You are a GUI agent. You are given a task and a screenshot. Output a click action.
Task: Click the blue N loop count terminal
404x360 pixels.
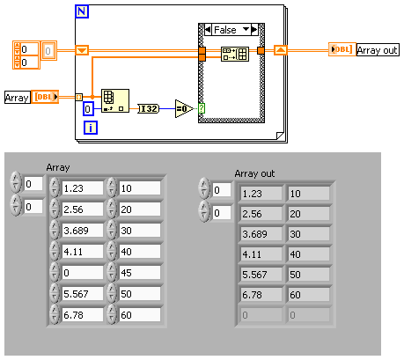(x=82, y=11)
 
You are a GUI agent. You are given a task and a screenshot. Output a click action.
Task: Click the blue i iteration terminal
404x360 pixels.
(x=91, y=128)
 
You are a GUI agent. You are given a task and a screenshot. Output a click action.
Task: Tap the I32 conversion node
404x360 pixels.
(x=149, y=109)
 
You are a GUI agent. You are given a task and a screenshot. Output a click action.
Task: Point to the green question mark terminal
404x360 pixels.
(x=202, y=108)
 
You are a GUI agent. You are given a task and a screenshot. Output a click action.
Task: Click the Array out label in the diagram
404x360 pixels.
(x=378, y=50)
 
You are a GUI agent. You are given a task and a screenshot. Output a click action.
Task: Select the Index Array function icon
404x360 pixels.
(x=115, y=101)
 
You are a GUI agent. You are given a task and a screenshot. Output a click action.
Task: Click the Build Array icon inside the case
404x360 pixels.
(x=235, y=54)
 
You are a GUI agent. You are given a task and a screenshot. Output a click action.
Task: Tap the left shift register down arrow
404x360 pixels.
(x=82, y=50)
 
